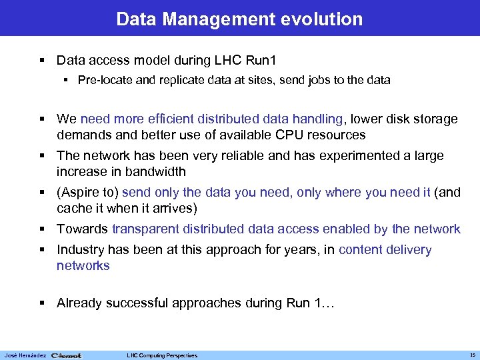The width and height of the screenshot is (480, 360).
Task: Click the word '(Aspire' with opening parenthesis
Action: coord(79,193)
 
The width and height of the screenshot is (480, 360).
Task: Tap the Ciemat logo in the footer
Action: coord(66,355)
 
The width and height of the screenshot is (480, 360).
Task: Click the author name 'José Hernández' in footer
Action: coord(24,355)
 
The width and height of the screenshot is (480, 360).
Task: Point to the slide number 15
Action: coord(471,355)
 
